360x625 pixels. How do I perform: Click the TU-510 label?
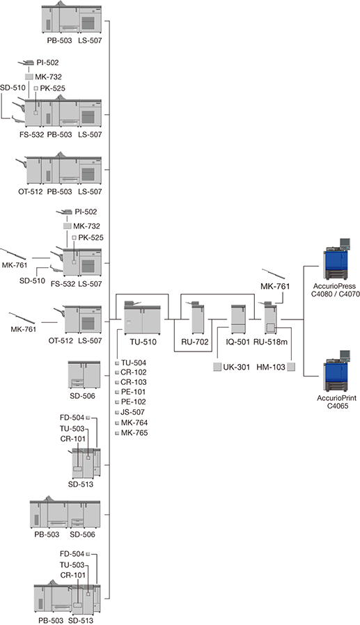click(x=143, y=342)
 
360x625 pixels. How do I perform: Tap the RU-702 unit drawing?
click(x=198, y=317)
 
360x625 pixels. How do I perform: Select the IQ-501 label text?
click(x=237, y=342)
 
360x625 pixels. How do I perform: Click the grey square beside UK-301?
click(x=217, y=367)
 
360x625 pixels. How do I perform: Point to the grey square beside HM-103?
click(x=292, y=367)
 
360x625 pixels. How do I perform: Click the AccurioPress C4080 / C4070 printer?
click(x=337, y=259)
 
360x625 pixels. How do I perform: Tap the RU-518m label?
click(x=270, y=342)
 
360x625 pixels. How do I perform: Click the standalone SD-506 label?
click(x=83, y=396)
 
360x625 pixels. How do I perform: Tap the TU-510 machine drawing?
click(x=142, y=317)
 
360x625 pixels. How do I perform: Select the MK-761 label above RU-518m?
click(x=275, y=286)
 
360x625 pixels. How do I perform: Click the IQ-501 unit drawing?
click(x=238, y=319)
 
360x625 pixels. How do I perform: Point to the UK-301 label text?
click(x=237, y=367)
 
